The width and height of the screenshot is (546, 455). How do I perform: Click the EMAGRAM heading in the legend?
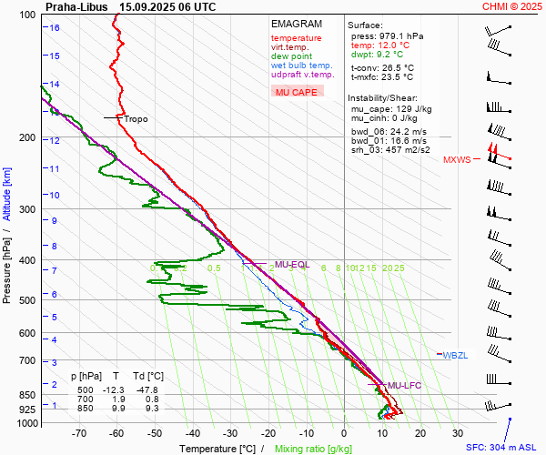[297, 24]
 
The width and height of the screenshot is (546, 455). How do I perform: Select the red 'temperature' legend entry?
[296, 38]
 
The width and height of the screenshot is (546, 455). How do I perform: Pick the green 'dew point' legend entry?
[291, 56]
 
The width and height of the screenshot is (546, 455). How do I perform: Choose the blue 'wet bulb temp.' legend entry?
[301, 66]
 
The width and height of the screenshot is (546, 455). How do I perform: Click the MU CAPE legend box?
[296, 92]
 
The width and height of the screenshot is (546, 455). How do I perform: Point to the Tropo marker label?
[136, 118]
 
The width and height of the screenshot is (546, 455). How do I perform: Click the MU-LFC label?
[403, 386]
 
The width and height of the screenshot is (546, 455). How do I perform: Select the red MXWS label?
[457, 160]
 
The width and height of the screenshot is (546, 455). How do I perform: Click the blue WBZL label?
[455, 355]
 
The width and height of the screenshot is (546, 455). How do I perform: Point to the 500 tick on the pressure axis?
[27, 300]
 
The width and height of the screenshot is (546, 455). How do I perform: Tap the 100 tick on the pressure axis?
[27, 15]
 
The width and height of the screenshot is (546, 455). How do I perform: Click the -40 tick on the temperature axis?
[193, 435]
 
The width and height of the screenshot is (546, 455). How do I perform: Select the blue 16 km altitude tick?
[55, 27]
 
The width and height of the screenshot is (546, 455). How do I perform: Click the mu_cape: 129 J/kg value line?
[392, 108]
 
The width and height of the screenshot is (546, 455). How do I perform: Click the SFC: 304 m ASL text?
[503, 448]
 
